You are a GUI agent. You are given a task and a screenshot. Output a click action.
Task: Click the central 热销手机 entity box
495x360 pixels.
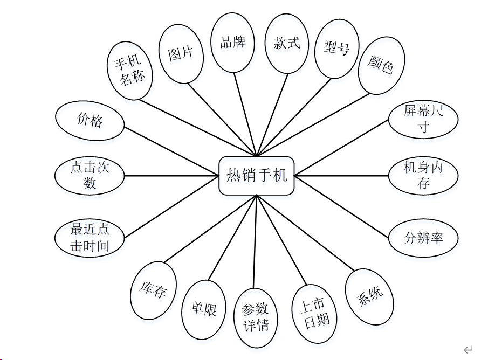[256, 176]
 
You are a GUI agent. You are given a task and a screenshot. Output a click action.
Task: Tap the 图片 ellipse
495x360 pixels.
[181, 54]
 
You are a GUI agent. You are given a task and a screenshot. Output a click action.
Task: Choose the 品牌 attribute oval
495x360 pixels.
[233, 43]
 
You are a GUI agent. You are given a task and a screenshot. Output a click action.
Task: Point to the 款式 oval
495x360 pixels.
[287, 43]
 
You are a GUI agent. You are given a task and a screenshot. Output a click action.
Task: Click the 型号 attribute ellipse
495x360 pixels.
[337, 49]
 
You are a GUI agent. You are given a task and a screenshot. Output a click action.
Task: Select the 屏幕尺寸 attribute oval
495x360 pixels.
[423, 119]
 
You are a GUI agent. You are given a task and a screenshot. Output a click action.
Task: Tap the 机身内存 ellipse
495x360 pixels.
[423, 175]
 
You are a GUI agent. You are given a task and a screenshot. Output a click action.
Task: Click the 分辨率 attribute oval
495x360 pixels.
[423, 237]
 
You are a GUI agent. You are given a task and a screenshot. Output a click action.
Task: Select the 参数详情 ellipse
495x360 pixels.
[256, 317]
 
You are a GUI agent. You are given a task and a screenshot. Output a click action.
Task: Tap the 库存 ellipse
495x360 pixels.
[154, 290]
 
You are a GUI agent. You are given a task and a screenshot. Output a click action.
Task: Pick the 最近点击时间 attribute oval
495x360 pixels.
[90, 238]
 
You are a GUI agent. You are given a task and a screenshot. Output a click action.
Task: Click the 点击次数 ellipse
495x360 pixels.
[90, 176]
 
